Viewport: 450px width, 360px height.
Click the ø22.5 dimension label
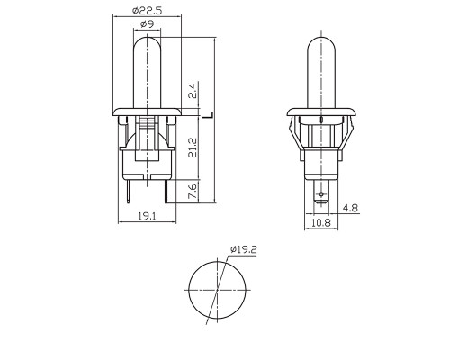pos(147,11)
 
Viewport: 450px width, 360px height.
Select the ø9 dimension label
pos(147,23)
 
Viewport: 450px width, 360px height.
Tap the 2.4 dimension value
pos(193,91)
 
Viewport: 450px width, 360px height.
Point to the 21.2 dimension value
pos(193,148)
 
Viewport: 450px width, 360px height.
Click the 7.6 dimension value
pos(193,191)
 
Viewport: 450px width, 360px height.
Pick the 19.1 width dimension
pos(147,216)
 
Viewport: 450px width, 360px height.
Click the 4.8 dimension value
pos(351,208)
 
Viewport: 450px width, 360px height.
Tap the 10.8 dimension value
pos(320,222)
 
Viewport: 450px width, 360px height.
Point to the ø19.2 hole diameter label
pos(244,249)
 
